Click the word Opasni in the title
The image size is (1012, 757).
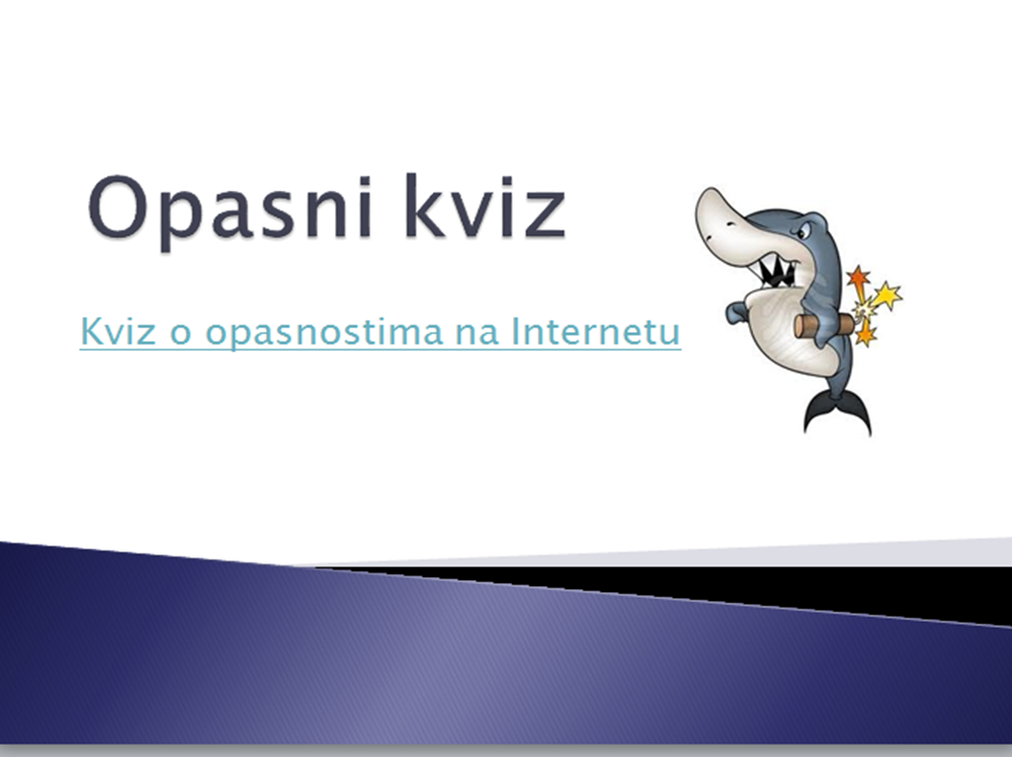click(229, 211)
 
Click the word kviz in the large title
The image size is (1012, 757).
click(486, 207)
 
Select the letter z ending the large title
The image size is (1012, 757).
click(546, 215)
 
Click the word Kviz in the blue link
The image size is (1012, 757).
click(119, 330)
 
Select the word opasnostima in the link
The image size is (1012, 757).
click(324, 333)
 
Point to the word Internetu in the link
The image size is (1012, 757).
click(596, 330)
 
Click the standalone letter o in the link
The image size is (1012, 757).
click(181, 335)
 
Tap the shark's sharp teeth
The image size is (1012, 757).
click(777, 272)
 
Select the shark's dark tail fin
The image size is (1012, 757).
click(838, 413)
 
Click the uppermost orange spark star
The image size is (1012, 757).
click(859, 278)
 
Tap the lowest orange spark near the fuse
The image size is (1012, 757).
click(866, 334)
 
